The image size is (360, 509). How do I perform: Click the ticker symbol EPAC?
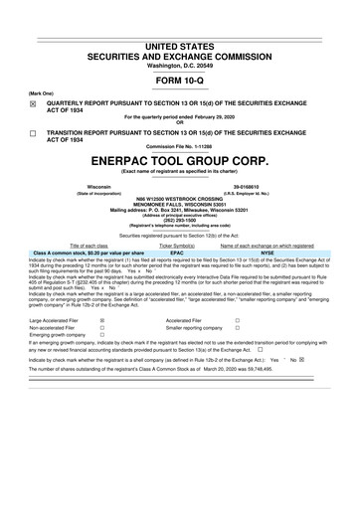177,252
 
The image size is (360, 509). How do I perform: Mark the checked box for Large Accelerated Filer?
103,321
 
